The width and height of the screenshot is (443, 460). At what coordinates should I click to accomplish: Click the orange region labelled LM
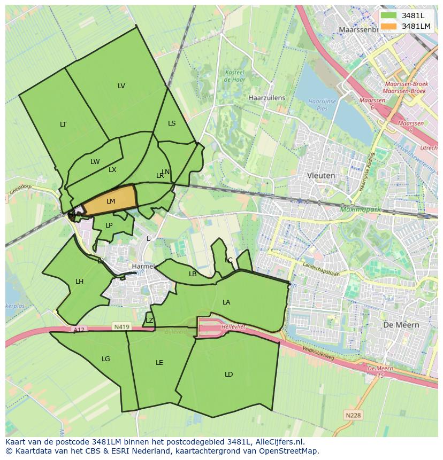pyautogui.click(x=110, y=201)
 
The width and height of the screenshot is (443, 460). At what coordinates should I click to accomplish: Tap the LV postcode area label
pyautogui.click(x=121, y=86)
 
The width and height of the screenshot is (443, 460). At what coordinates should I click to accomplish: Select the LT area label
pyautogui.click(x=63, y=124)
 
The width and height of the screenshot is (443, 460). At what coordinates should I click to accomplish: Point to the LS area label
pyautogui.click(x=172, y=123)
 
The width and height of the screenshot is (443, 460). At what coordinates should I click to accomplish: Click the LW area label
pyautogui.click(x=95, y=162)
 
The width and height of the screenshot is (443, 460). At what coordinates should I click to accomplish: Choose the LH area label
pyautogui.click(x=79, y=282)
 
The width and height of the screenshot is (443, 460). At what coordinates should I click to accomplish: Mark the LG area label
pyautogui.click(x=106, y=359)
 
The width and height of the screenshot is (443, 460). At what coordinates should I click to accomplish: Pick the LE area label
pyautogui.click(x=159, y=363)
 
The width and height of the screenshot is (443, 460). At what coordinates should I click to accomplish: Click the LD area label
pyautogui.click(x=228, y=375)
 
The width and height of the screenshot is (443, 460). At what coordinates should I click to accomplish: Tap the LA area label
pyautogui.click(x=226, y=302)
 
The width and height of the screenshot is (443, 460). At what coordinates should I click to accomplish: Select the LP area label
pyautogui.click(x=109, y=225)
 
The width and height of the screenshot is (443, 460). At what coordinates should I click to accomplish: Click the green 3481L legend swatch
pyautogui.click(x=389, y=15)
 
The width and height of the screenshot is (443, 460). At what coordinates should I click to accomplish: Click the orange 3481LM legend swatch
pyautogui.click(x=389, y=26)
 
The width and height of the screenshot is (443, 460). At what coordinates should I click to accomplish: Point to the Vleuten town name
pyautogui.click(x=321, y=175)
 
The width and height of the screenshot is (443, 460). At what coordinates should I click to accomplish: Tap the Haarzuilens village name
pyautogui.click(x=267, y=98)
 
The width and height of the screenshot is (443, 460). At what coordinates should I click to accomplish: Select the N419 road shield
pyautogui.click(x=121, y=326)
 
